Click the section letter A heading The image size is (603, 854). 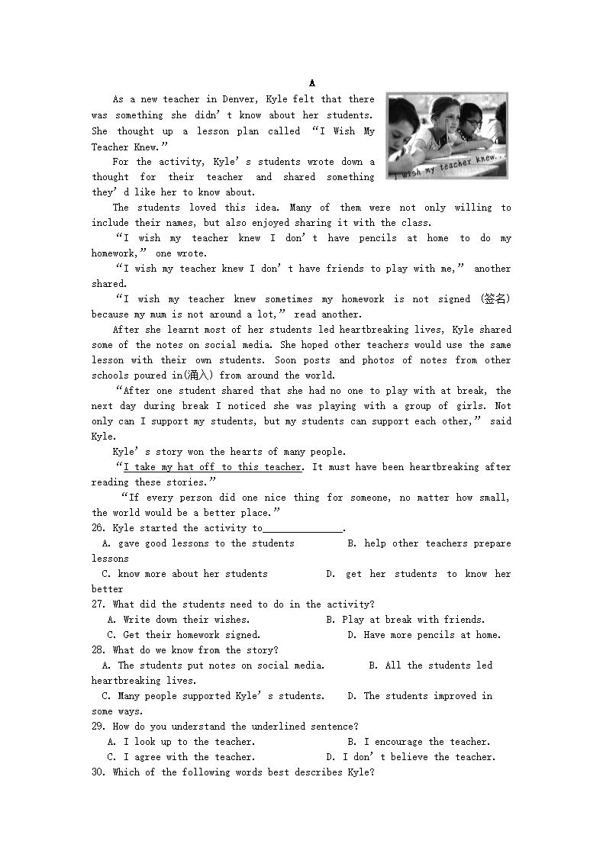click(x=312, y=83)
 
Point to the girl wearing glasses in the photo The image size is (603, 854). click(x=471, y=122)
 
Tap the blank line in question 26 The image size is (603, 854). click(x=303, y=529)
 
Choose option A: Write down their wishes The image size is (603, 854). click(x=179, y=620)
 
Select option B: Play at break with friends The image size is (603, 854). click(x=405, y=620)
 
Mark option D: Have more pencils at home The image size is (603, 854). click(x=424, y=635)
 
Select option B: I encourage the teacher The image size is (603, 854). click(x=418, y=742)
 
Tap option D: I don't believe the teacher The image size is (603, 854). click(x=411, y=757)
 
